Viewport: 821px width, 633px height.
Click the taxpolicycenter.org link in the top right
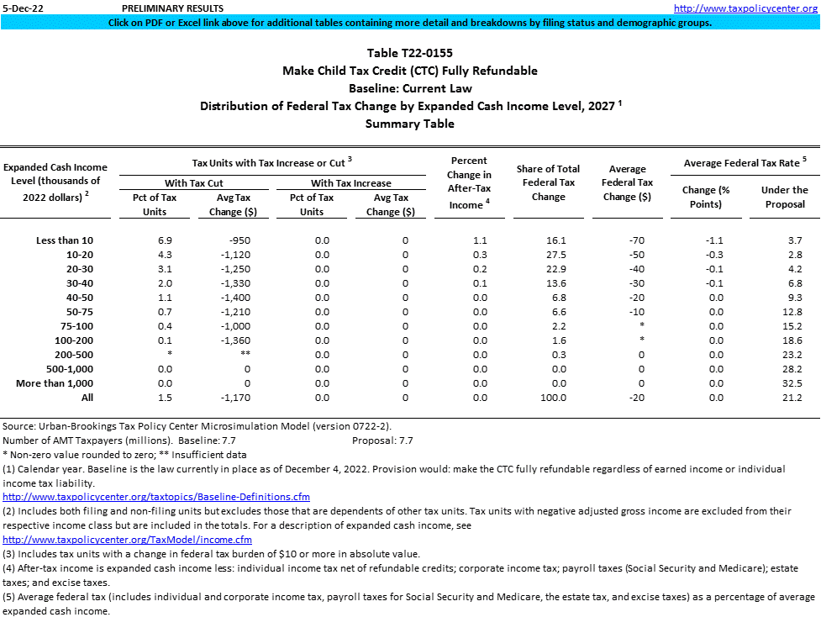[745, 8]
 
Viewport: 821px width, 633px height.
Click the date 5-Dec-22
[22, 8]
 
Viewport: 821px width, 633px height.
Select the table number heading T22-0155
[410, 53]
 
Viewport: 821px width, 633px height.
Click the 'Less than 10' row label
[65, 240]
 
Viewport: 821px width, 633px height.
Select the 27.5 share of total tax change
[549, 255]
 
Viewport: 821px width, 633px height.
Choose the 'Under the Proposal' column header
[784, 197]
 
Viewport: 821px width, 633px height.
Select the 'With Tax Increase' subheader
[351, 183]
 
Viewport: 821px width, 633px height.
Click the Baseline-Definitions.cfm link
[156, 497]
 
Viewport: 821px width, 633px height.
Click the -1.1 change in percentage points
[716, 240]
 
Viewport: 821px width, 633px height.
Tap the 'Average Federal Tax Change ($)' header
[628, 182]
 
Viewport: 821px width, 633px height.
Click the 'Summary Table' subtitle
[410, 124]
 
